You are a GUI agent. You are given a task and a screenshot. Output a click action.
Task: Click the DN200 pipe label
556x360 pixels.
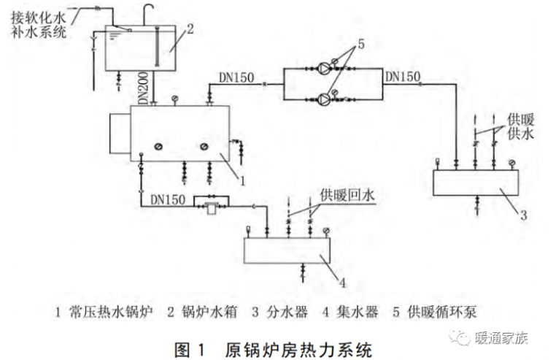click(143, 87)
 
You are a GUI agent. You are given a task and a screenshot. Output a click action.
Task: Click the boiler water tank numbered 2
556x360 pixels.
click(141, 48)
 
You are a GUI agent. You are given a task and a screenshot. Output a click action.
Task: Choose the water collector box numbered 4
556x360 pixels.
click(286, 251)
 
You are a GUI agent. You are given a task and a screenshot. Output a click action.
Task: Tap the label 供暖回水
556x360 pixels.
click(347, 195)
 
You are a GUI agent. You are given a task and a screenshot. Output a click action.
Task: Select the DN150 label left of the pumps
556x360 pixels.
click(236, 75)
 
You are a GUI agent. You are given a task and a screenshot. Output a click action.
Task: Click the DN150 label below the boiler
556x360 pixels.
click(167, 198)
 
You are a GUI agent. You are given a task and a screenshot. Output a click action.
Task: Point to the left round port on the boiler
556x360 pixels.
click(158, 148)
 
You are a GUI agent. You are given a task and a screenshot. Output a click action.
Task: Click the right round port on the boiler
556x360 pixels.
click(203, 148)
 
